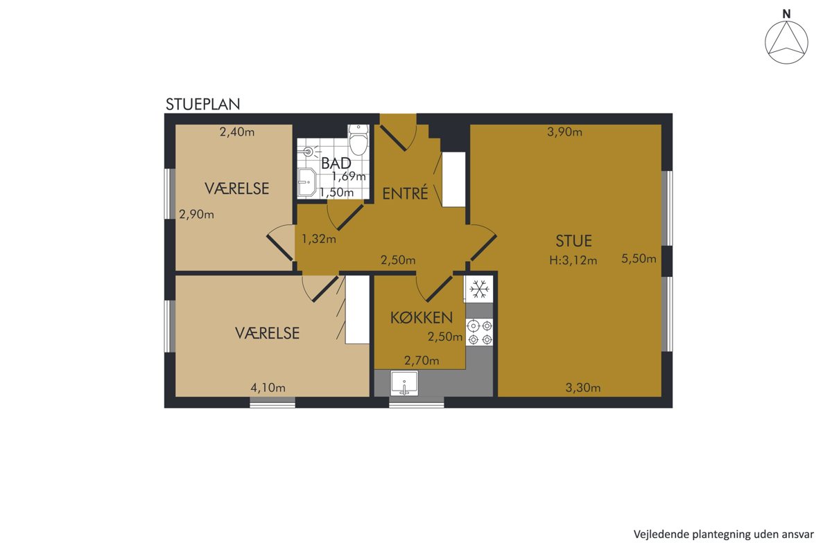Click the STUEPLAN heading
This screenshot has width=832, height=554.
202,105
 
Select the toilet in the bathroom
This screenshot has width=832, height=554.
358,140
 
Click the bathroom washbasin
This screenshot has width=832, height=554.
307,182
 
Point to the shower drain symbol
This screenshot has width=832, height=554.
308,151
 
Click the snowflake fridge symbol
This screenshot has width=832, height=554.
479,289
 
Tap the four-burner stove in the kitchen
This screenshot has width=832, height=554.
480,332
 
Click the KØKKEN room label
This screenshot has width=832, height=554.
422,318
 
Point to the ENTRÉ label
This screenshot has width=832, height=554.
405,193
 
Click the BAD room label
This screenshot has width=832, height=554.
336,163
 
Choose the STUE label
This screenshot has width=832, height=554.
574,241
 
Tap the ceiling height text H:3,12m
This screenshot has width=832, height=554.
573,260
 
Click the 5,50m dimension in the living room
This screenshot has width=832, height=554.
639,258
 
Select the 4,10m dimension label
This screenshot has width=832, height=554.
268,388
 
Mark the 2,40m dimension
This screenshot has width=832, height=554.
237,132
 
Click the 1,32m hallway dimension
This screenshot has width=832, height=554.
319,239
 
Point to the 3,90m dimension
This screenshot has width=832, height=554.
564,132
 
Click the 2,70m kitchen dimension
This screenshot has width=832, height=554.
422,360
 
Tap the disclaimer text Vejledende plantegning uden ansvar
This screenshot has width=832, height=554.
724,535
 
